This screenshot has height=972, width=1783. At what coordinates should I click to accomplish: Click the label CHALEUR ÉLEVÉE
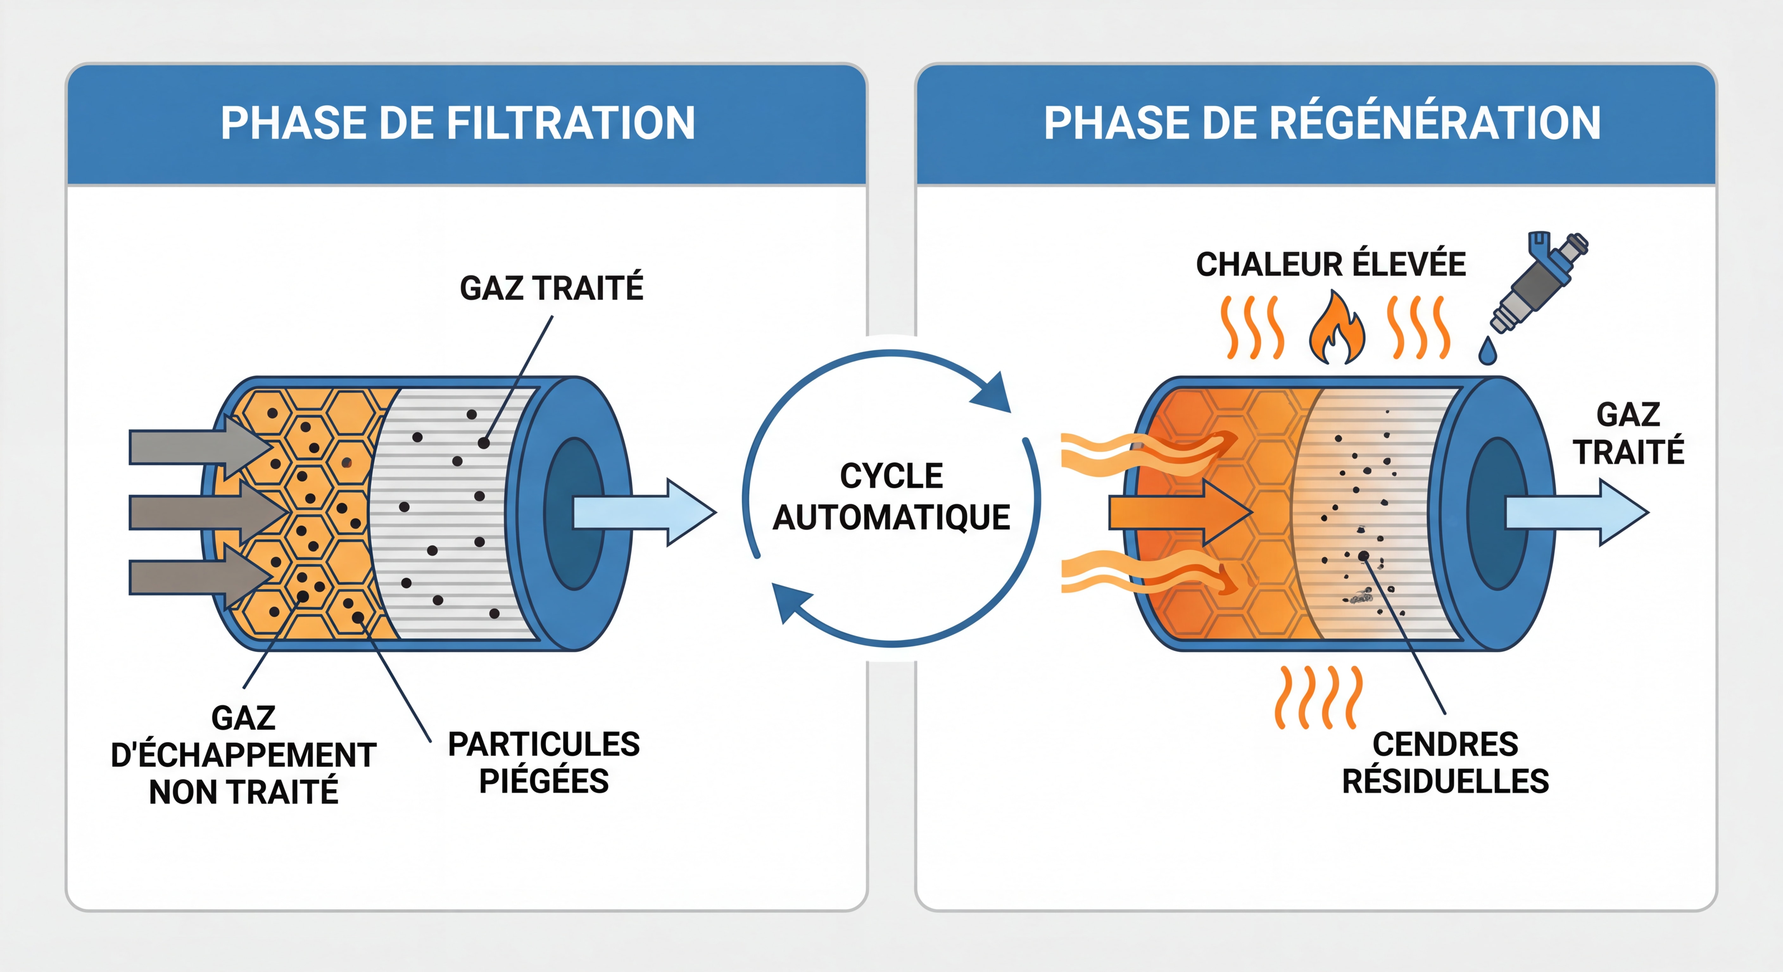1330,264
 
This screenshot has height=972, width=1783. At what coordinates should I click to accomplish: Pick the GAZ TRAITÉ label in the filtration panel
552,288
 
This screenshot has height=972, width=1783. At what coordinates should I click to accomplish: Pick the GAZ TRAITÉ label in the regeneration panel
1629,433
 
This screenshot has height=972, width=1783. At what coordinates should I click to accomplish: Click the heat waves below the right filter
1319,697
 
